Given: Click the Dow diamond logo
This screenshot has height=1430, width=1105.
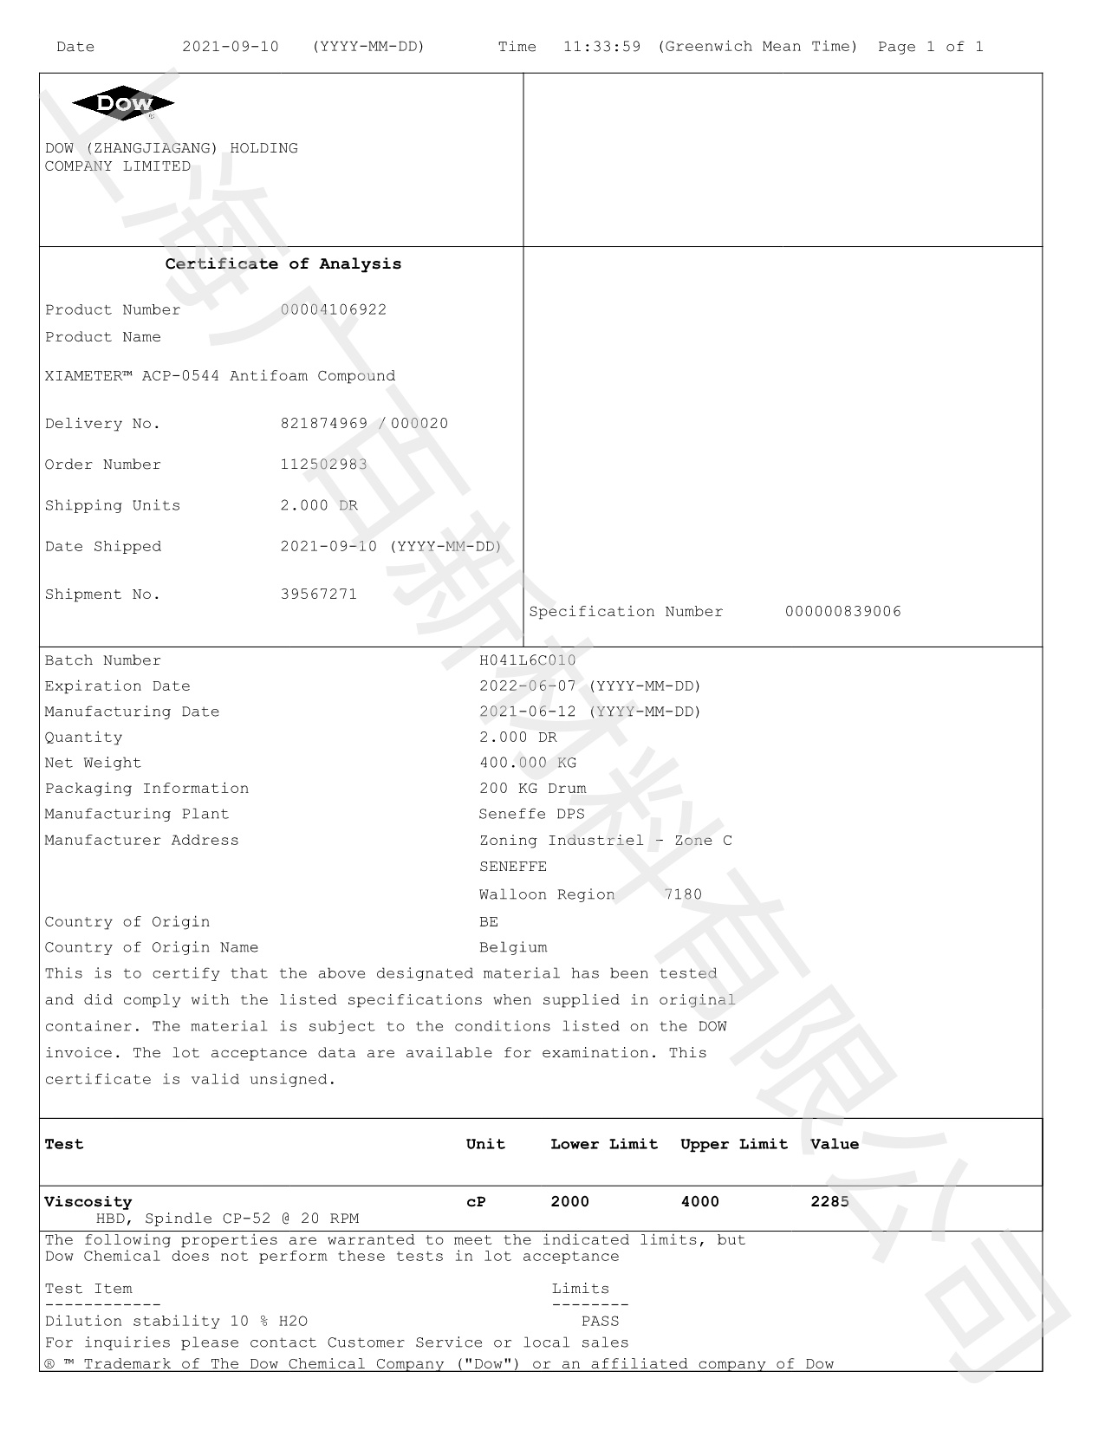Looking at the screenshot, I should (123, 104).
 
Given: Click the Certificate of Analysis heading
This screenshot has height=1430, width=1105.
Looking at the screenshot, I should (283, 264).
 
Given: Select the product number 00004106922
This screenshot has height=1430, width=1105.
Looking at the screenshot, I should (334, 309).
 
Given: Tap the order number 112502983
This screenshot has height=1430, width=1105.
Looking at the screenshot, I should (323, 465).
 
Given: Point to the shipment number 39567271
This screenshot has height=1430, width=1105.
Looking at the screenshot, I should (319, 595).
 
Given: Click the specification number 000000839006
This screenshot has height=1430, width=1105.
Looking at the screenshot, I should (842, 612).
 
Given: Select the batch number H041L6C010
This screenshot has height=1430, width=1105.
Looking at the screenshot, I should (527, 660).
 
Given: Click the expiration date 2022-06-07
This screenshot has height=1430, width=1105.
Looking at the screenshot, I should (529, 686).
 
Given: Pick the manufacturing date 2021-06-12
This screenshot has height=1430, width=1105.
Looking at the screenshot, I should (529, 712).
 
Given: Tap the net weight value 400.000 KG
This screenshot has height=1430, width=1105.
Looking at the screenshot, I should (528, 763).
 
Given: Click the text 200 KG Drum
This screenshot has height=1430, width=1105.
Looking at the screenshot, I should (532, 789).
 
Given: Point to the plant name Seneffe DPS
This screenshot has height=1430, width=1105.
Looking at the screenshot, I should (531, 814).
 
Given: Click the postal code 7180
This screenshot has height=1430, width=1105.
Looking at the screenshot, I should (683, 894).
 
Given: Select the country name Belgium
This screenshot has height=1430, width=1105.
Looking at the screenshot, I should (513, 947).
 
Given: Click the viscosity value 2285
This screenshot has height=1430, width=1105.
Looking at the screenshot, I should (829, 1202).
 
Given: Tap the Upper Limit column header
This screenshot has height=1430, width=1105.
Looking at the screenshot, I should (734, 1144).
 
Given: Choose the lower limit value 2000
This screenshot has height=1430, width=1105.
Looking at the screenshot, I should (569, 1202).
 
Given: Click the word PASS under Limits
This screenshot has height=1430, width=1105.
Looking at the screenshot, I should (600, 1322).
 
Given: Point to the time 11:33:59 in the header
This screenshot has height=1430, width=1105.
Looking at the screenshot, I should (601, 47).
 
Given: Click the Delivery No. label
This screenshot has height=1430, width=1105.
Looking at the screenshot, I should (102, 424).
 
